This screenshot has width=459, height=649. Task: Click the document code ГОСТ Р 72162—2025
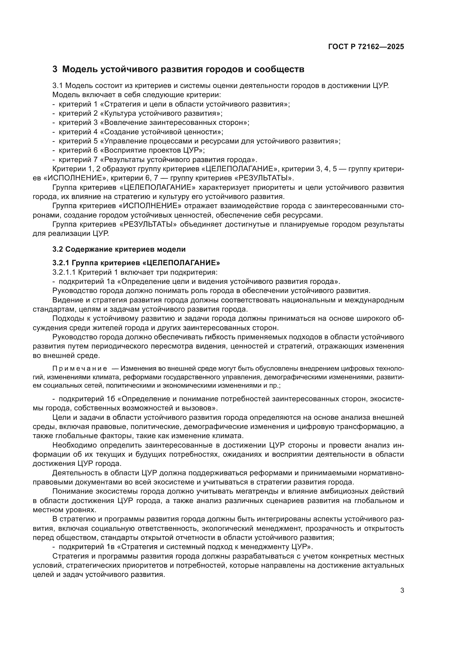(366, 47)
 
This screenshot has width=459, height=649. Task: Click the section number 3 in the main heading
(55, 69)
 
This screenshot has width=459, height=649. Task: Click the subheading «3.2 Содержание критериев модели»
(119, 249)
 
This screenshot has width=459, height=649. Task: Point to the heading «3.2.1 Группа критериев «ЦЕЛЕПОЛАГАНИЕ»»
(136, 263)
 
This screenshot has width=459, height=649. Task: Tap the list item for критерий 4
(141, 132)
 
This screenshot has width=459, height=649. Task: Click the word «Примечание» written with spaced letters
(80, 368)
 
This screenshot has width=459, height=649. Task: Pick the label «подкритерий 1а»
(85, 282)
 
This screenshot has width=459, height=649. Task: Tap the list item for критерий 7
(158, 160)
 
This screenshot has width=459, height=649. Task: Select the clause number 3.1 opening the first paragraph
(58, 86)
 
